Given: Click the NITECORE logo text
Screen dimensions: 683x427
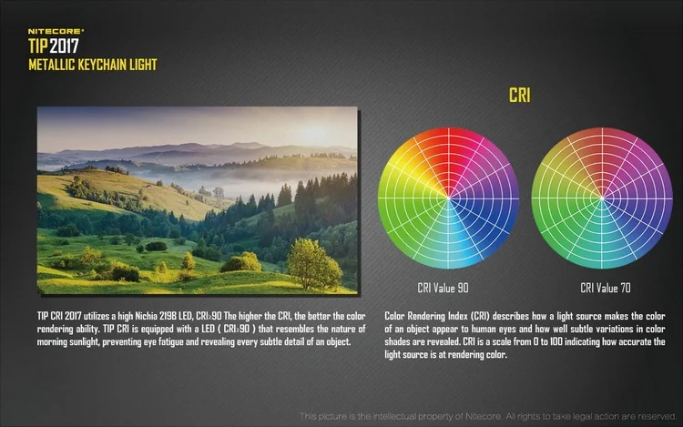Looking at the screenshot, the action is (x=56, y=31).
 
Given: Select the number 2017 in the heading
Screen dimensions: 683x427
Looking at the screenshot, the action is (x=64, y=46).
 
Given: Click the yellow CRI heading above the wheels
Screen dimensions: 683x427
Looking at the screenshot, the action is (x=520, y=95).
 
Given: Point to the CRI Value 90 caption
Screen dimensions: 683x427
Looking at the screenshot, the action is (x=443, y=288).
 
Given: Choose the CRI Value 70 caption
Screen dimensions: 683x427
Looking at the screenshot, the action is (x=606, y=288).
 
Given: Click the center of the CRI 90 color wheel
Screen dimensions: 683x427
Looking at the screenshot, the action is (x=449, y=198).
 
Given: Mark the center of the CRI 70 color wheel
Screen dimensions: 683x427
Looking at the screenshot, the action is (x=602, y=198).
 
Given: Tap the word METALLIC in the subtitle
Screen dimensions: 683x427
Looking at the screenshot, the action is (x=51, y=65).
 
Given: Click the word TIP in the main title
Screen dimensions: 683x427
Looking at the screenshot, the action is (x=38, y=46).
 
